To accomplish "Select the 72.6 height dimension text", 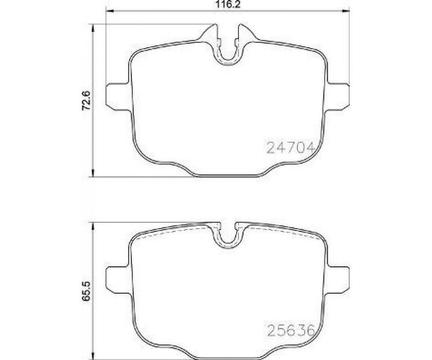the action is coord(86,101).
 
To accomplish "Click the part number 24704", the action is coord(291,148).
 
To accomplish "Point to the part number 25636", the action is coord(291,330).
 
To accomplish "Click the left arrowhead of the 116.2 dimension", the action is coord(110,11).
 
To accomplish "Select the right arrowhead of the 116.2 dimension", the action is coord(346,11).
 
